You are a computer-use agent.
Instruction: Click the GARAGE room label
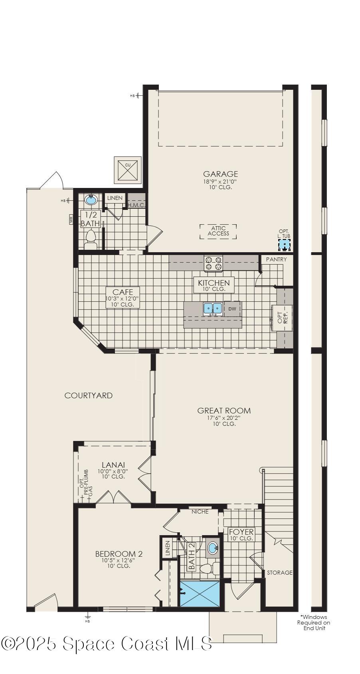click(220, 174)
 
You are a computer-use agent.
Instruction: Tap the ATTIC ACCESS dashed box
click(218, 231)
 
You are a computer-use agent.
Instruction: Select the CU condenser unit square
click(128, 170)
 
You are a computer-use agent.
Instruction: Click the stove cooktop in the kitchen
click(213, 263)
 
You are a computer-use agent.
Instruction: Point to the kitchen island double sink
click(212, 308)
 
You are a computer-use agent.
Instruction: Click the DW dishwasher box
click(232, 308)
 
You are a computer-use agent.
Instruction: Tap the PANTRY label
click(276, 259)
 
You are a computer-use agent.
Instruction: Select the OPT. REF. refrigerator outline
click(283, 318)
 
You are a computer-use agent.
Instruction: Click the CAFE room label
click(120, 292)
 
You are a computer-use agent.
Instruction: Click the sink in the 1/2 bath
click(91, 200)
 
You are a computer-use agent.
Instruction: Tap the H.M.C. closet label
click(136, 205)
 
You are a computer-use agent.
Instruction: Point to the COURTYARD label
click(89, 395)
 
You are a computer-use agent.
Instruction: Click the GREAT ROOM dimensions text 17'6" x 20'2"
click(224, 418)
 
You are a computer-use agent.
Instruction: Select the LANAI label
click(113, 464)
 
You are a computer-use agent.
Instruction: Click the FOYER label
click(241, 532)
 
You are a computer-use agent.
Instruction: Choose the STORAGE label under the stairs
click(280, 572)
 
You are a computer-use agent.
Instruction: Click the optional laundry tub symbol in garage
click(284, 245)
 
